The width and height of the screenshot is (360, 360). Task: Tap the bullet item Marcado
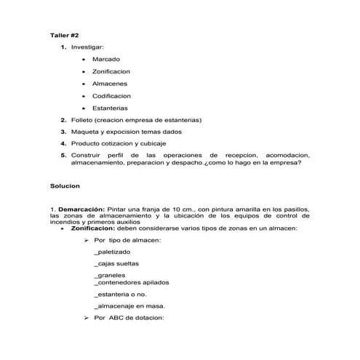point(106,59)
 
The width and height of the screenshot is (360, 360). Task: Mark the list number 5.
point(63,156)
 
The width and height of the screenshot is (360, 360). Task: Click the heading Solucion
point(65,186)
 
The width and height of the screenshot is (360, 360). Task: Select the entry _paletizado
point(113,251)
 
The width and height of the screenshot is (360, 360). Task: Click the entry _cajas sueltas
point(116,263)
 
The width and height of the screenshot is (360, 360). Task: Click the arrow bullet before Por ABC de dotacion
point(87,318)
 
